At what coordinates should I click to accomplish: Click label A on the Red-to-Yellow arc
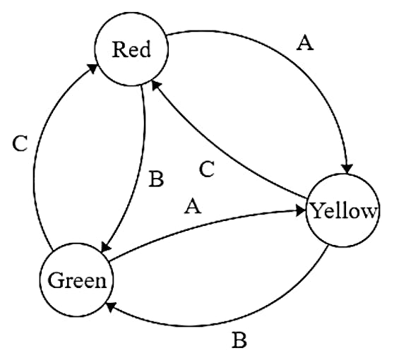[305, 43]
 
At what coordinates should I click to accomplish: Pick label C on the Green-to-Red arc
[20, 144]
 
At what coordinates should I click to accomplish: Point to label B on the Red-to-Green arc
[156, 179]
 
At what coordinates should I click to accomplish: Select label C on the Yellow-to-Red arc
[207, 169]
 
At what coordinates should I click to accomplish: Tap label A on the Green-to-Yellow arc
[193, 206]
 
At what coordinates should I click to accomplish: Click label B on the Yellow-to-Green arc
[239, 340]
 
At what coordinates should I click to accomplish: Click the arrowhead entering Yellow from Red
[347, 168]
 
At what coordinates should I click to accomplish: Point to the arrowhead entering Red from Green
[92, 68]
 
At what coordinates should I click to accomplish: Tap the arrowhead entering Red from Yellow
[156, 85]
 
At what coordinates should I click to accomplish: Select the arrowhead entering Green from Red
[106, 246]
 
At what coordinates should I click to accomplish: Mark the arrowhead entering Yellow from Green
[301, 210]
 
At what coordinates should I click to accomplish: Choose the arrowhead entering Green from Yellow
[112, 307]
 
